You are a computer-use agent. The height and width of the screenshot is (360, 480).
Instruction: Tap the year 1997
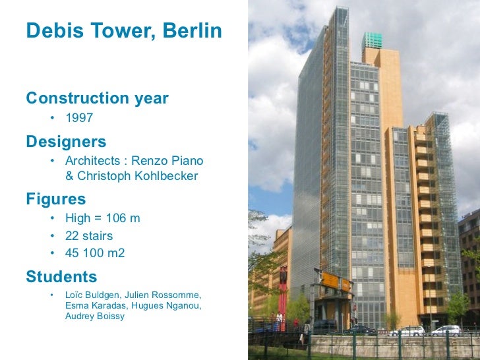(x=79, y=119)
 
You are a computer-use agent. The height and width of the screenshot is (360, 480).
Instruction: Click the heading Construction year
(x=97, y=99)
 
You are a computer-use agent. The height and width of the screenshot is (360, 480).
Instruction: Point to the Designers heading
(x=66, y=142)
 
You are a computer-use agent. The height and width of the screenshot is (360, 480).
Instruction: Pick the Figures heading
(x=56, y=199)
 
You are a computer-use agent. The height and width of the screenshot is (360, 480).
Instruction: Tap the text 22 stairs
(x=89, y=235)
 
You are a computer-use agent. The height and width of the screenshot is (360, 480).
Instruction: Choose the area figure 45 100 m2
(x=95, y=253)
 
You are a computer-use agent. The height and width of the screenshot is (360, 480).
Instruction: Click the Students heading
(x=61, y=277)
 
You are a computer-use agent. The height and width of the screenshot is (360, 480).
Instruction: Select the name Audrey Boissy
(x=96, y=316)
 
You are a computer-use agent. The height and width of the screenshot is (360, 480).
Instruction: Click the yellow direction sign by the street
(x=335, y=281)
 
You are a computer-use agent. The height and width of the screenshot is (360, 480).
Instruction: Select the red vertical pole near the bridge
(x=284, y=290)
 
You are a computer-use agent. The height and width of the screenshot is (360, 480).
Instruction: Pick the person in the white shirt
(x=280, y=320)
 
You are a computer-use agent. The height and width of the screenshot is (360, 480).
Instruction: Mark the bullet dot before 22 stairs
(x=51, y=236)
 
